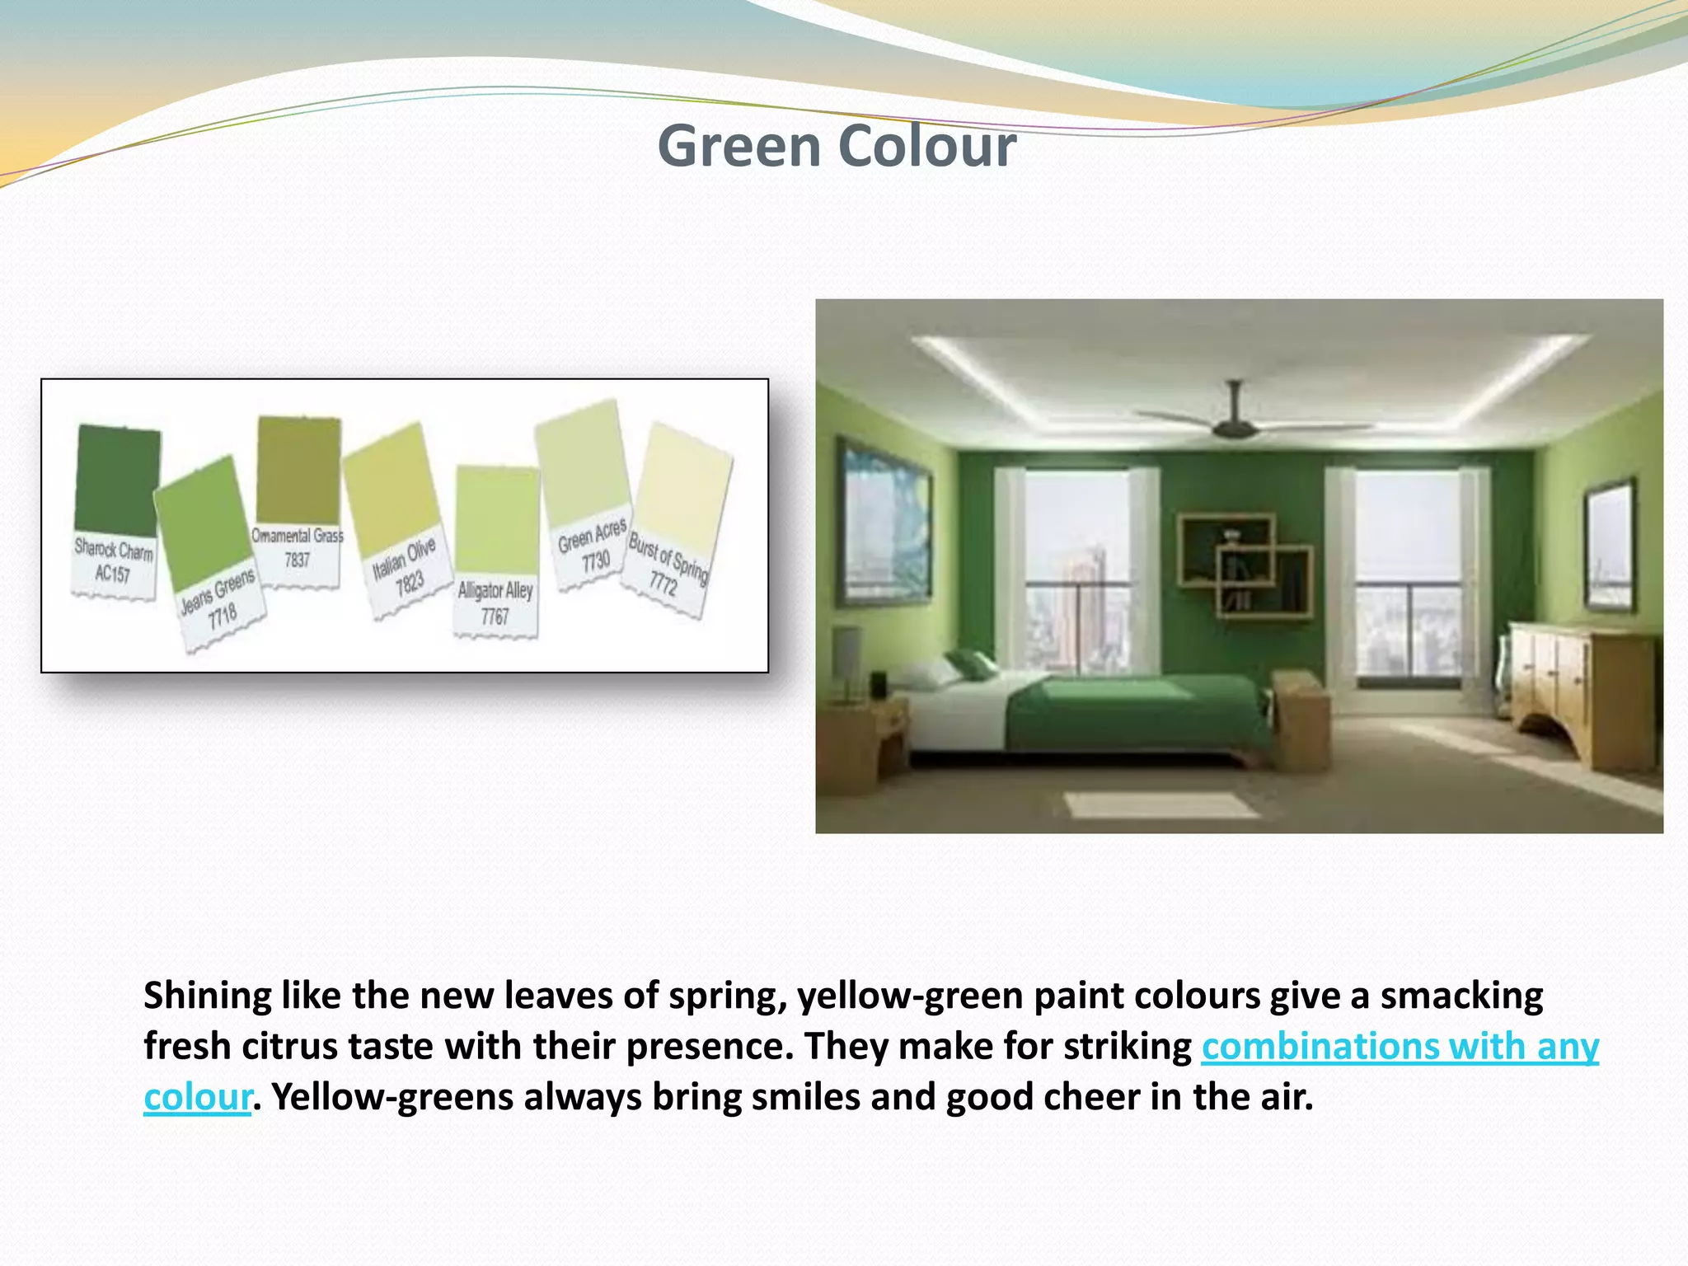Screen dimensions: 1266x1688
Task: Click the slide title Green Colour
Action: click(x=836, y=146)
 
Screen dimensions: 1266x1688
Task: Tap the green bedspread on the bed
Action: click(x=1137, y=709)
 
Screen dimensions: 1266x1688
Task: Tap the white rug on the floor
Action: click(x=1162, y=804)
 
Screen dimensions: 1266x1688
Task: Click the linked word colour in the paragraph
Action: click(x=197, y=1097)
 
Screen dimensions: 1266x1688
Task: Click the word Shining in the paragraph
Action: click(x=207, y=996)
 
